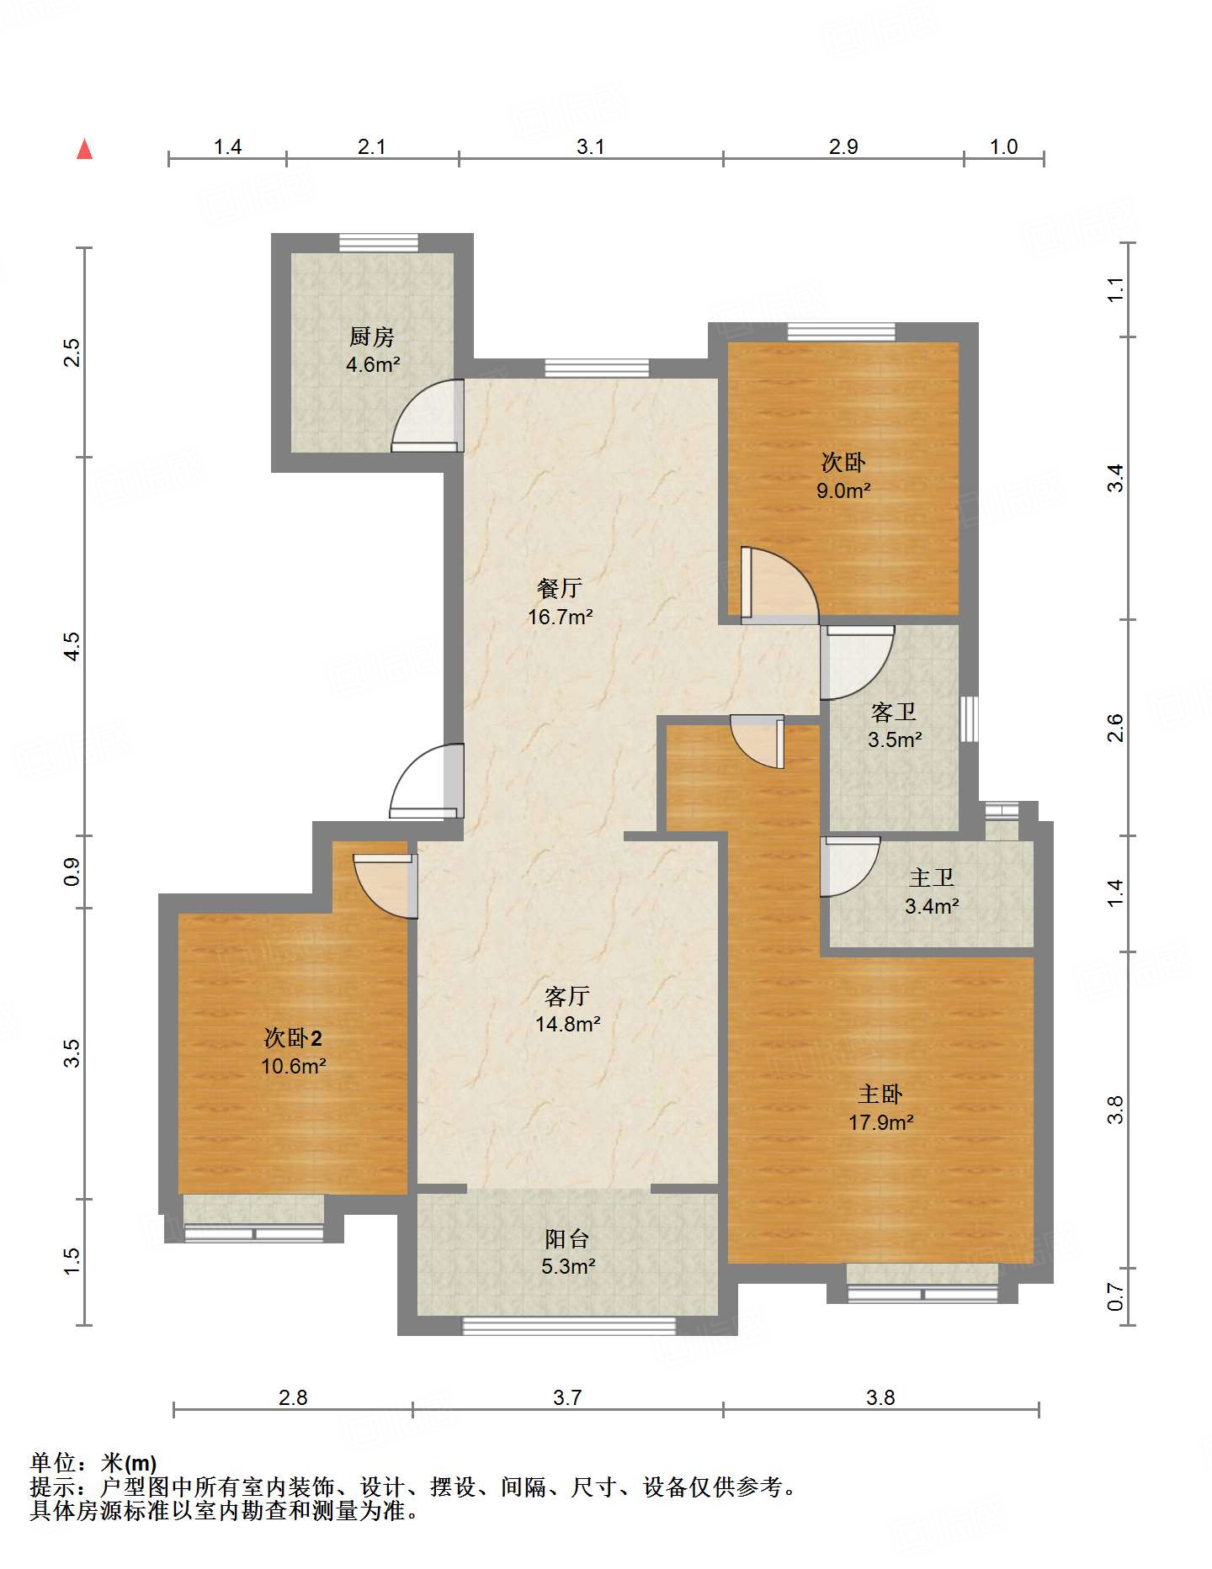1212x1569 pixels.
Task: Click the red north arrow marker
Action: tap(84, 149)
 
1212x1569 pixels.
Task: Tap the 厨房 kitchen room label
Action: tap(372, 337)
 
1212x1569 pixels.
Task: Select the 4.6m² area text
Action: tap(373, 365)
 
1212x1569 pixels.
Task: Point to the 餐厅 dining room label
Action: tap(560, 588)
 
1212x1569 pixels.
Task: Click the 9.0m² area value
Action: tap(843, 490)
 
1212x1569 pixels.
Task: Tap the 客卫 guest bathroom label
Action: tap(894, 713)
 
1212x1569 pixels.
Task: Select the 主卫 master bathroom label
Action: tap(932, 877)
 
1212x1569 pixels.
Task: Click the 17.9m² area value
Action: tap(881, 1122)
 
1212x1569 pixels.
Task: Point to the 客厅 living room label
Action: tap(567, 996)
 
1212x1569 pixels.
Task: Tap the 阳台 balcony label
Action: tap(567, 1238)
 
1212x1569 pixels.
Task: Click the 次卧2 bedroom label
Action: tap(293, 1038)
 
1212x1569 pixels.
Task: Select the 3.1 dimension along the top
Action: tap(590, 146)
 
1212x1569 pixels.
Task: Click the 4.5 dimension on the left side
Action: tap(72, 646)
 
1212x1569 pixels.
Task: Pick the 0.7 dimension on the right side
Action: tap(1115, 1296)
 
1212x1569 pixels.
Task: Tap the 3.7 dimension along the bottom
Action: tap(567, 1397)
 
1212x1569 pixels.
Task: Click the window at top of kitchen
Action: tap(379, 242)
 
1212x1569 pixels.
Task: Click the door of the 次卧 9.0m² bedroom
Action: tap(779, 586)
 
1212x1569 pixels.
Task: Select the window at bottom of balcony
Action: tap(569, 1326)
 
